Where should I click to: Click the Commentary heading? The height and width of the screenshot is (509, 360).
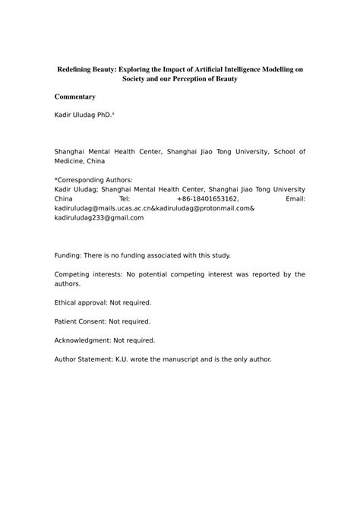click(x=75, y=96)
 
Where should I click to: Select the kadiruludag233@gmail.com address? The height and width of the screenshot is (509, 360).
click(x=99, y=217)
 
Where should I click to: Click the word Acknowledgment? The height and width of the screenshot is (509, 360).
click(x=85, y=340)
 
